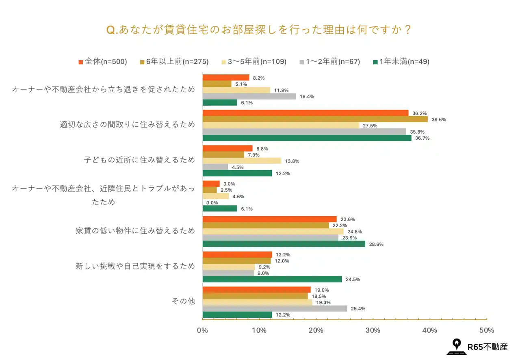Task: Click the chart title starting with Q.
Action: click(259, 30)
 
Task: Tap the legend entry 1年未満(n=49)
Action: click(401, 62)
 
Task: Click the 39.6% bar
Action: click(315, 119)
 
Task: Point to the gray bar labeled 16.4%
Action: click(249, 96)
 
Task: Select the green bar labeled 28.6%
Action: click(284, 244)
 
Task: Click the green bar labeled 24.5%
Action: click(272, 279)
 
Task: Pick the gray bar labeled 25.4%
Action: click(275, 308)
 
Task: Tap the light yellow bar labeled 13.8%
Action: click(242, 161)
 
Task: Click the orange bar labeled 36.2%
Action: click(305, 113)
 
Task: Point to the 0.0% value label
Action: click(212, 203)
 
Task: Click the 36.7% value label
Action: click(422, 138)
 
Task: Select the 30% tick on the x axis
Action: click(373, 330)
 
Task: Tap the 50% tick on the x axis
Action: click(487, 330)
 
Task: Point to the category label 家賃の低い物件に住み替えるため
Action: click(135, 231)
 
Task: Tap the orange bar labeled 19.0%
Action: click(256, 290)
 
